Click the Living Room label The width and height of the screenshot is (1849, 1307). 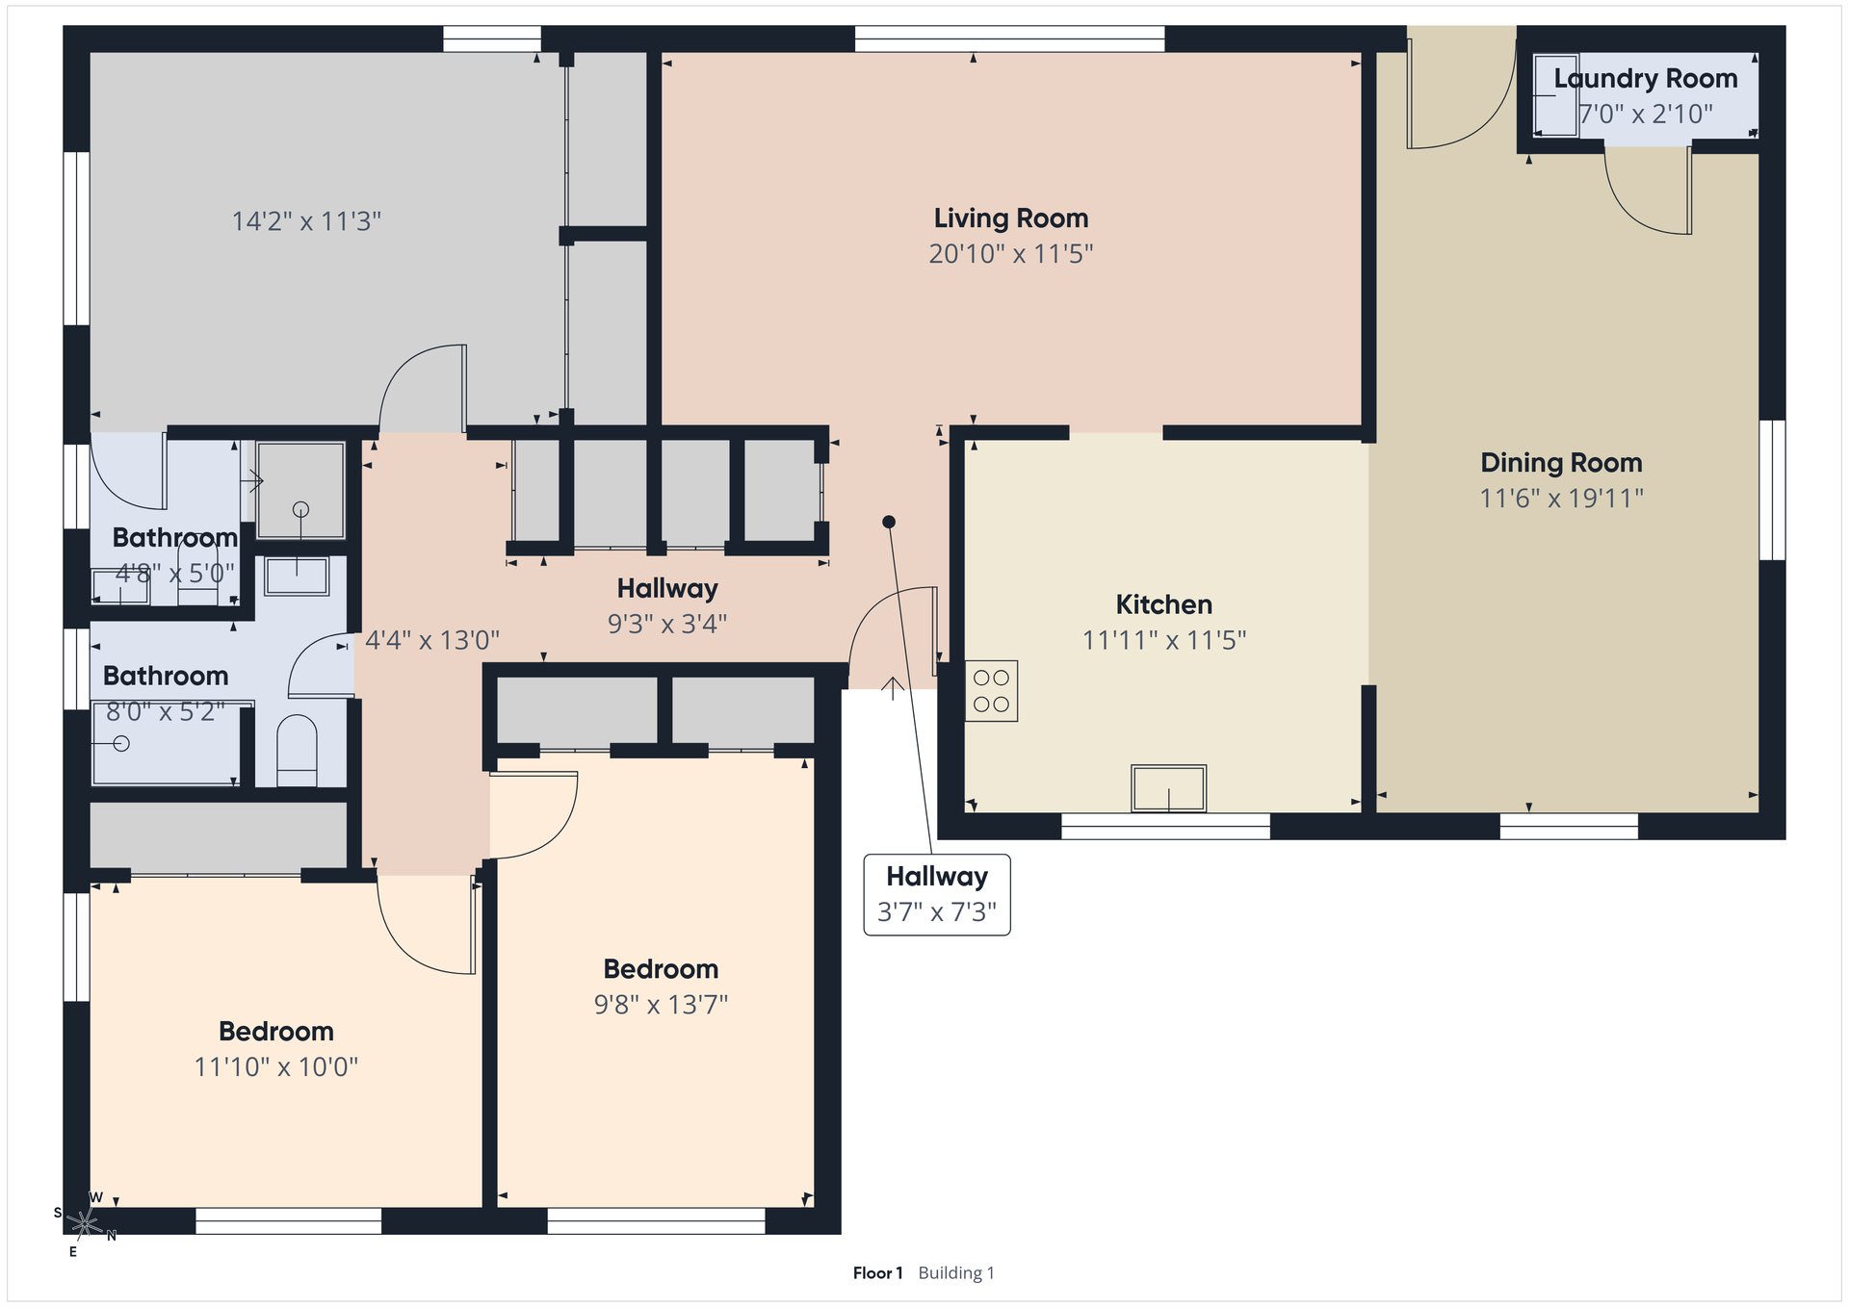coord(1011,218)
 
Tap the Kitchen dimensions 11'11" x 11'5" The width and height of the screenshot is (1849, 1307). coord(1164,640)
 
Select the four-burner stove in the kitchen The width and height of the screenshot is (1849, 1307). coord(991,691)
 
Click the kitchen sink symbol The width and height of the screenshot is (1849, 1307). coord(1168,788)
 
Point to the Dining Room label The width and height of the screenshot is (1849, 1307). coord(1561,463)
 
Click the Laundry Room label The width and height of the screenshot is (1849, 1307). coord(1646,79)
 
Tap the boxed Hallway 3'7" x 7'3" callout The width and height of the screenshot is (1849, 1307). coord(937,894)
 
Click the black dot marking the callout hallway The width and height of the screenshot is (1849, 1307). coord(889,522)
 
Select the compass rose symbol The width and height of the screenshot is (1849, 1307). coord(85,1223)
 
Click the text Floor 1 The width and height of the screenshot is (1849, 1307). coord(877,1273)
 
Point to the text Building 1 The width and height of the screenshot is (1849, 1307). coord(956,1273)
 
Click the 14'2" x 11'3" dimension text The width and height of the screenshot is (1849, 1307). coord(306,221)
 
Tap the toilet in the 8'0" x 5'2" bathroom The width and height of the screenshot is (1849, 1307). coord(297,750)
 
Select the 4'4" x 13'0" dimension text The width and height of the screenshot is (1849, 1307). coord(432,640)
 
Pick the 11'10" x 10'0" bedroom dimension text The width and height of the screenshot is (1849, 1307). coord(276,1067)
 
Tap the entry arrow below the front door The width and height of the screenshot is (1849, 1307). coord(893,688)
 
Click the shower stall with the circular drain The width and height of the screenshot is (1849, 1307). coord(300,490)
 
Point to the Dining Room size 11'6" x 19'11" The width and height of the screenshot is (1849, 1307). coord(1561,499)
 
